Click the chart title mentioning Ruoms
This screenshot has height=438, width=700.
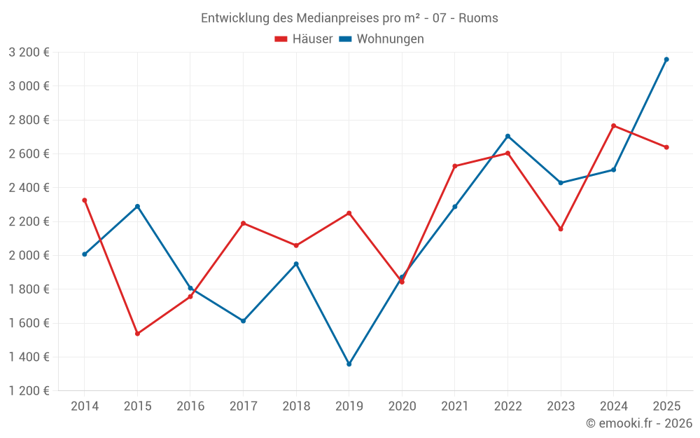point(349,18)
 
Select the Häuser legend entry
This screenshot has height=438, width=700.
point(304,39)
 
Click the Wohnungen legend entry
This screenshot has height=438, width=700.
point(381,39)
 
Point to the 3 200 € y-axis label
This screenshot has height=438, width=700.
point(29,53)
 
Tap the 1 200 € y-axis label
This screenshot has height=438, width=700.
point(29,391)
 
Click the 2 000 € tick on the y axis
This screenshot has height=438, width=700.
point(29,256)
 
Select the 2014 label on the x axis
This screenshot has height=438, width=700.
point(85,406)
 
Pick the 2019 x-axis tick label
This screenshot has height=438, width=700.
point(349,406)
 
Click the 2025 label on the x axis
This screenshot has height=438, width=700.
point(666,406)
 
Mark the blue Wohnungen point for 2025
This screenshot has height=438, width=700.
point(666,60)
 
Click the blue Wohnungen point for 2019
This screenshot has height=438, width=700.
point(349,364)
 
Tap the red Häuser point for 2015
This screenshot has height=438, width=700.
point(137,334)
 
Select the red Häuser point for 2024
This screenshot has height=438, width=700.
point(614,126)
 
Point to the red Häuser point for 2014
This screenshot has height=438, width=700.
point(85,200)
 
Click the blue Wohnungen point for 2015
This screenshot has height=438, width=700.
point(137,206)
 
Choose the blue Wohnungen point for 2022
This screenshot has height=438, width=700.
point(508,136)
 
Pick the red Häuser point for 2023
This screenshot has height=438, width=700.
point(561,229)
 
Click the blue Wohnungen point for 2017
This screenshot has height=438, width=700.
point(243,321)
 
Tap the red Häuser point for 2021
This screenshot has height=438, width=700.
point(455,166)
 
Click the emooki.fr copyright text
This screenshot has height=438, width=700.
point(639,423)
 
